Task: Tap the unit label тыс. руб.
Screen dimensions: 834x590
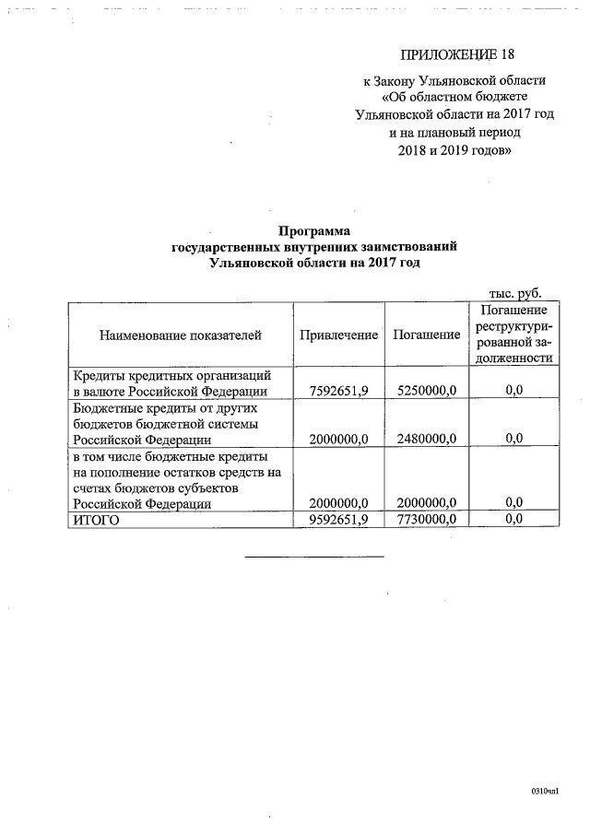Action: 515,293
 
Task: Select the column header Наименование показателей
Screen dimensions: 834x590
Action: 181,335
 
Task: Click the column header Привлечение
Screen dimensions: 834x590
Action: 338,335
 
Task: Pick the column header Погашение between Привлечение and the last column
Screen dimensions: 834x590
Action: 426,335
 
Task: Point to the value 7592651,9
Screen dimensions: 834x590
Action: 339,391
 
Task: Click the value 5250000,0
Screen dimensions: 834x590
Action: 426,391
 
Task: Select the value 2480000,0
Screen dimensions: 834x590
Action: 426,439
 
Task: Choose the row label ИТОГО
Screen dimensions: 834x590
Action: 96,520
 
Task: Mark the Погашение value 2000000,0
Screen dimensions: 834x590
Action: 426,503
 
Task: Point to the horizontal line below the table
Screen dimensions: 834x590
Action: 314,557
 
